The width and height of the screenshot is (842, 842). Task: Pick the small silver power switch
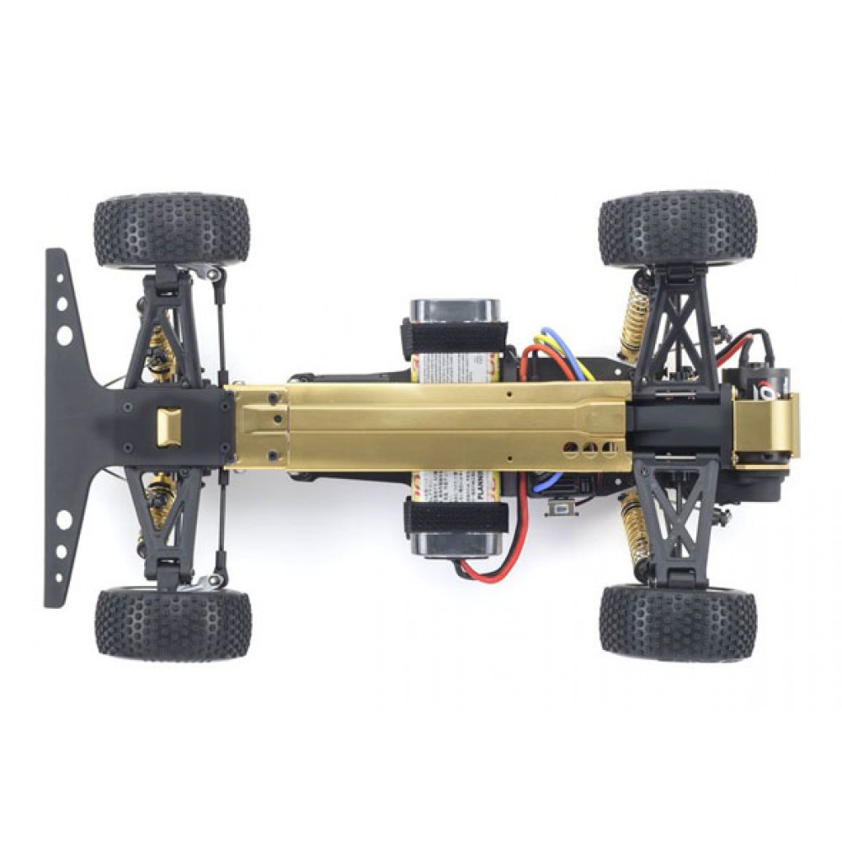[558, 509]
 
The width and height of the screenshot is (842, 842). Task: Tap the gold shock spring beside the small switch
[633, 526]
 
